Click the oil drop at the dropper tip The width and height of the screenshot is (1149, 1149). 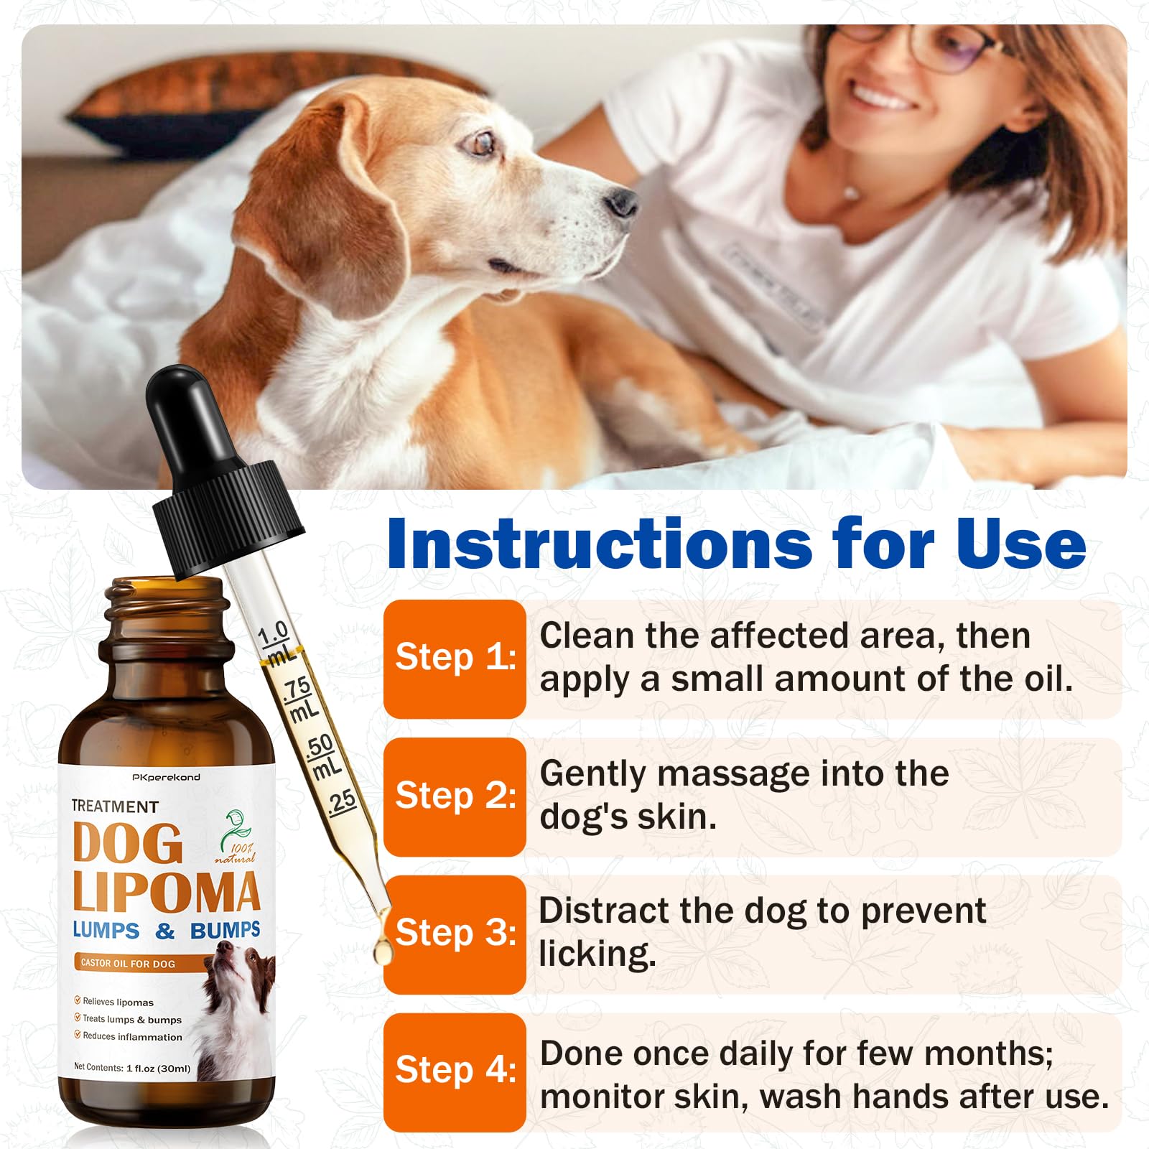click(x=383, y=952)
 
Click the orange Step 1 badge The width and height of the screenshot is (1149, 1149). click(x=455, y=658)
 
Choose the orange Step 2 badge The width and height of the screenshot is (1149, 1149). click(x=455, y=796)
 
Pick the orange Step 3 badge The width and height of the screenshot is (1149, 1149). click(x=455, y=934)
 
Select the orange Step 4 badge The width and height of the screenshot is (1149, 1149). click(x=455, y=1071)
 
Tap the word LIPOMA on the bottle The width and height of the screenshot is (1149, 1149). click(x=166, y=893)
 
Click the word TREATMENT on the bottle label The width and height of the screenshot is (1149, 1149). click(x=115, y=806)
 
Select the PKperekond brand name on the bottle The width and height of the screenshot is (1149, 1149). click(x=167, y=777)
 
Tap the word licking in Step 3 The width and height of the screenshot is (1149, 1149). click(x=597, y=954)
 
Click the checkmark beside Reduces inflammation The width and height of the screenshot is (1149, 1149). click(x=78, y=1035)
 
